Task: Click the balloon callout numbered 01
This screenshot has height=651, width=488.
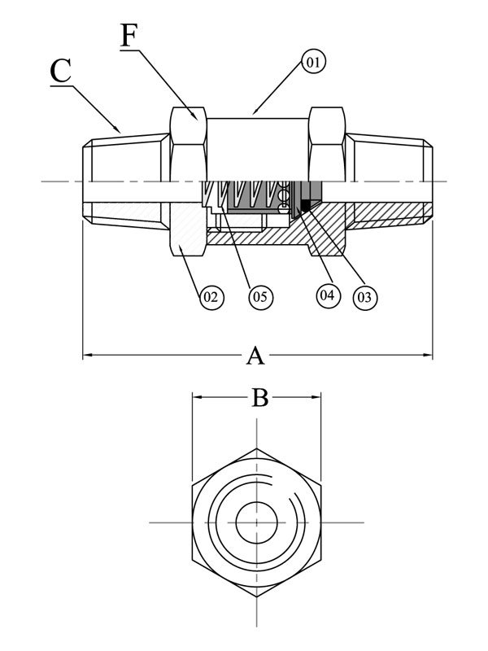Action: pos(313,62)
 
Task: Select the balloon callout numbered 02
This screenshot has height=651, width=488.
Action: pos(211,297)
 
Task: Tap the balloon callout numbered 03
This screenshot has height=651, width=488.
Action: pos(364,297)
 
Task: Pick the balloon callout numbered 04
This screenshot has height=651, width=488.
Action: pos(328,295)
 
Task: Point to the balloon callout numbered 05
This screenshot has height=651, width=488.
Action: pos(261,297)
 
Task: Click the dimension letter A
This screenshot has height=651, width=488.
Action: pos(255,356)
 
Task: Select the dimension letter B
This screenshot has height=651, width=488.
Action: pos(260,398)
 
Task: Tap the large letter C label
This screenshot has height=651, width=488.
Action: pos(60,71)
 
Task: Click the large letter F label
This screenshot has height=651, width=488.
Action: pos(129,36)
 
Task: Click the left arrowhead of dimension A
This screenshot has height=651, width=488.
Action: pos(87,355)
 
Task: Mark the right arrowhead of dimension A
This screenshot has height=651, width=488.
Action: pos(428,355)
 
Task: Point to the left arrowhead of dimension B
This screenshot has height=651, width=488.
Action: pos(197,397)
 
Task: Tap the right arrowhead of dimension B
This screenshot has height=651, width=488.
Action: pos(316,397)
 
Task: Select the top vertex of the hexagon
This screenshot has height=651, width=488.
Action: pos(256,448)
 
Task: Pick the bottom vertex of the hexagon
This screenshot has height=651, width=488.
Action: pos(256,596)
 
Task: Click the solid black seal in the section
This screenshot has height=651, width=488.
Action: pos(307,204)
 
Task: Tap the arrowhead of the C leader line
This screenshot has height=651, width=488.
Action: pos(118,129)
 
